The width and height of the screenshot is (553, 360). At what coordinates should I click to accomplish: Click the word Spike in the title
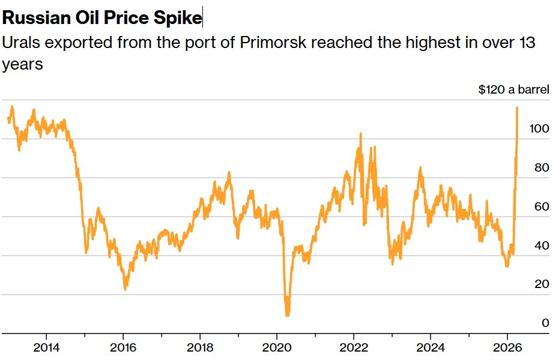tap(180, 18)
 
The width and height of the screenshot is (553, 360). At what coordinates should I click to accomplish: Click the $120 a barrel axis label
tap(513, 90)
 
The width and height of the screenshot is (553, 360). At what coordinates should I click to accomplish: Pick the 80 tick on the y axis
tap(542, 168)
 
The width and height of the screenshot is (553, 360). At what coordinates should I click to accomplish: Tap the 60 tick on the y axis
tap(542, 207)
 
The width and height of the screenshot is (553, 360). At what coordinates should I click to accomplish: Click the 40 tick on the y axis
tap(542, 245)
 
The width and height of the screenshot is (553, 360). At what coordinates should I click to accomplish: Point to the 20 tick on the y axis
tap(542, 284)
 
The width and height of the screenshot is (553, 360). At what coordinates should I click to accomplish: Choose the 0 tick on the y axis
tap(545, 323)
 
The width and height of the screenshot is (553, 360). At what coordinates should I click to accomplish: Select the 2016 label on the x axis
tap(122, 347)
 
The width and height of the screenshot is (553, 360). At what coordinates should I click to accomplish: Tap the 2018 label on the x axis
tap(199, 347)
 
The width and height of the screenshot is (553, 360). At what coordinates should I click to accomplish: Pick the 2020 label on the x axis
tap(276, 347)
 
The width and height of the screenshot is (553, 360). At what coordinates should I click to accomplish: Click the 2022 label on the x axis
tap(353, 347)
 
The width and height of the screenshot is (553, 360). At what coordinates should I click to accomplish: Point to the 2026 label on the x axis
tap(507, 347)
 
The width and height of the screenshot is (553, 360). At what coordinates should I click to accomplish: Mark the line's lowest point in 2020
tap(287, 315)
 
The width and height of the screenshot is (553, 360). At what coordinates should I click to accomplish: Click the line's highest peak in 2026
tap(517, 108)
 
